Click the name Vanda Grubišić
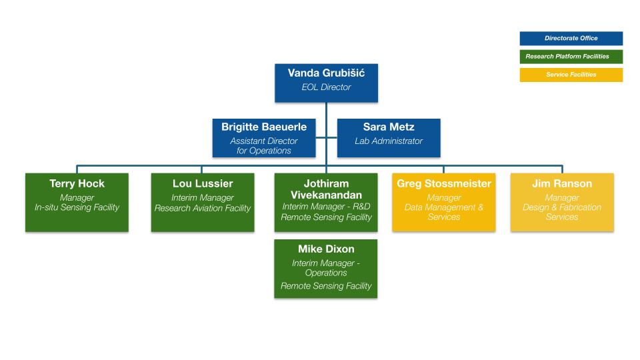pos(326,73)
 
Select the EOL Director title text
pos(326,87)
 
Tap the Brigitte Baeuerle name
pos(264,127)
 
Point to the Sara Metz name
pos(389,127)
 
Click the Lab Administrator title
pos(389,141)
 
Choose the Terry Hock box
pos(77,203)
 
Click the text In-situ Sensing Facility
pos(77,207)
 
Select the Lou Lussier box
pos(203,203)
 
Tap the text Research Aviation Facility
pos(203,208)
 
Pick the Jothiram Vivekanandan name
pos(326,189)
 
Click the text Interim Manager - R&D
pos(326,207)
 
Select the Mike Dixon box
pos(326,269)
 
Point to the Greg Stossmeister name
pos(444,183)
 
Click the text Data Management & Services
pos(444,212)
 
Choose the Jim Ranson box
pos(562,203)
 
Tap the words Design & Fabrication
pos(562,207)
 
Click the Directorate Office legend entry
pos(571,39)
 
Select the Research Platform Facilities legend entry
pos(571,57)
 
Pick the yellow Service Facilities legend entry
pos(571,75)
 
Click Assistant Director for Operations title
pos(264,146)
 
